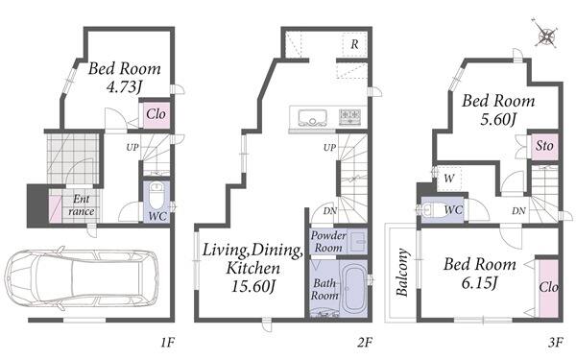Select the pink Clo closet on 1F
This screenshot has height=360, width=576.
[156, 114]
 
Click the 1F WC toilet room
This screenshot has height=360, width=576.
[156, 202]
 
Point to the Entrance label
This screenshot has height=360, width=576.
[82, 205]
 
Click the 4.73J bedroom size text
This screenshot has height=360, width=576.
[124, 87]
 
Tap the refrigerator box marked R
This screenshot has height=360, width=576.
[354, 44]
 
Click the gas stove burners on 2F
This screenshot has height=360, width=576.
[350, 116]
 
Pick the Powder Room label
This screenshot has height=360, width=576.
[328, 241]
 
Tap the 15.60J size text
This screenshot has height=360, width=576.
[253, 286]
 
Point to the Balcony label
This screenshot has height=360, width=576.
[402, 273]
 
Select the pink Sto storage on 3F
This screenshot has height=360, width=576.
[544, 146]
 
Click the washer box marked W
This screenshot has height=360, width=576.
[449, 179]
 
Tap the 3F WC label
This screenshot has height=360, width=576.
[453, 210]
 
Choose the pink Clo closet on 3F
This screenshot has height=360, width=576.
[549, 288]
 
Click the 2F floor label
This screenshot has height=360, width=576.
[365, 343]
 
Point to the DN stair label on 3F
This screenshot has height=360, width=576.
[518, 211]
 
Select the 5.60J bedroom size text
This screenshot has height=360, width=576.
[498, 119]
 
